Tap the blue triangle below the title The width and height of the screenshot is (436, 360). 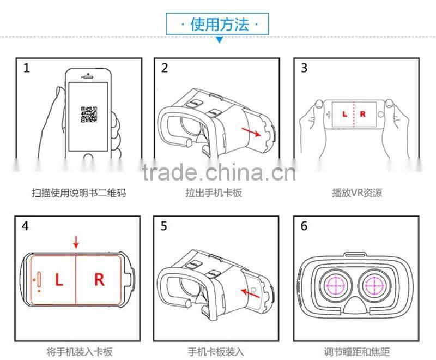(219, 40)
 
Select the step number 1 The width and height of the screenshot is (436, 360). (26, 68)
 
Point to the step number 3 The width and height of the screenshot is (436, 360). (304, 68)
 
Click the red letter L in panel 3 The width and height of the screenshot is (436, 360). (344, 115)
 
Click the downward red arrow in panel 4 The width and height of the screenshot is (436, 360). (76, 241)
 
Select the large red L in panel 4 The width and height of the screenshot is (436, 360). (59, 280)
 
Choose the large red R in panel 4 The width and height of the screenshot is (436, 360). (99, 280)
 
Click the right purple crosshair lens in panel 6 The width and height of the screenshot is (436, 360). (376, 285)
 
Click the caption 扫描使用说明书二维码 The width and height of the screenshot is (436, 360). (78, 193)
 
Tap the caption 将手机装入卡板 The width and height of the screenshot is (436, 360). (78, 352)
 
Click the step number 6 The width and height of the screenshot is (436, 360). (304, 226)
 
